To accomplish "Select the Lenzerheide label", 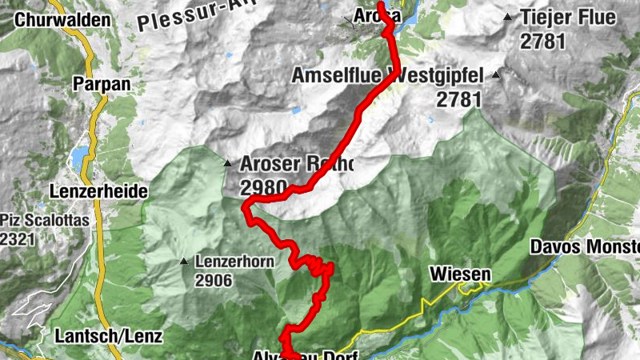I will (98, 192).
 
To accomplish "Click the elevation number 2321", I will (18, 238).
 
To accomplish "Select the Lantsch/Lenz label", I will (109, 336).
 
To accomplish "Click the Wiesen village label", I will (460, 274).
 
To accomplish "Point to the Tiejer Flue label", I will (568, 17).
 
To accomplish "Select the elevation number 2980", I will (262, 188).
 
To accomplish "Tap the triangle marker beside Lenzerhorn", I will (185, 261).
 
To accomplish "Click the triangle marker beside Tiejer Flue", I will (508, 17).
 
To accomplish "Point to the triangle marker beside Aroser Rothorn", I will (228, 163).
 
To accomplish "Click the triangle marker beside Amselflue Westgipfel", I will (496, 76).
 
